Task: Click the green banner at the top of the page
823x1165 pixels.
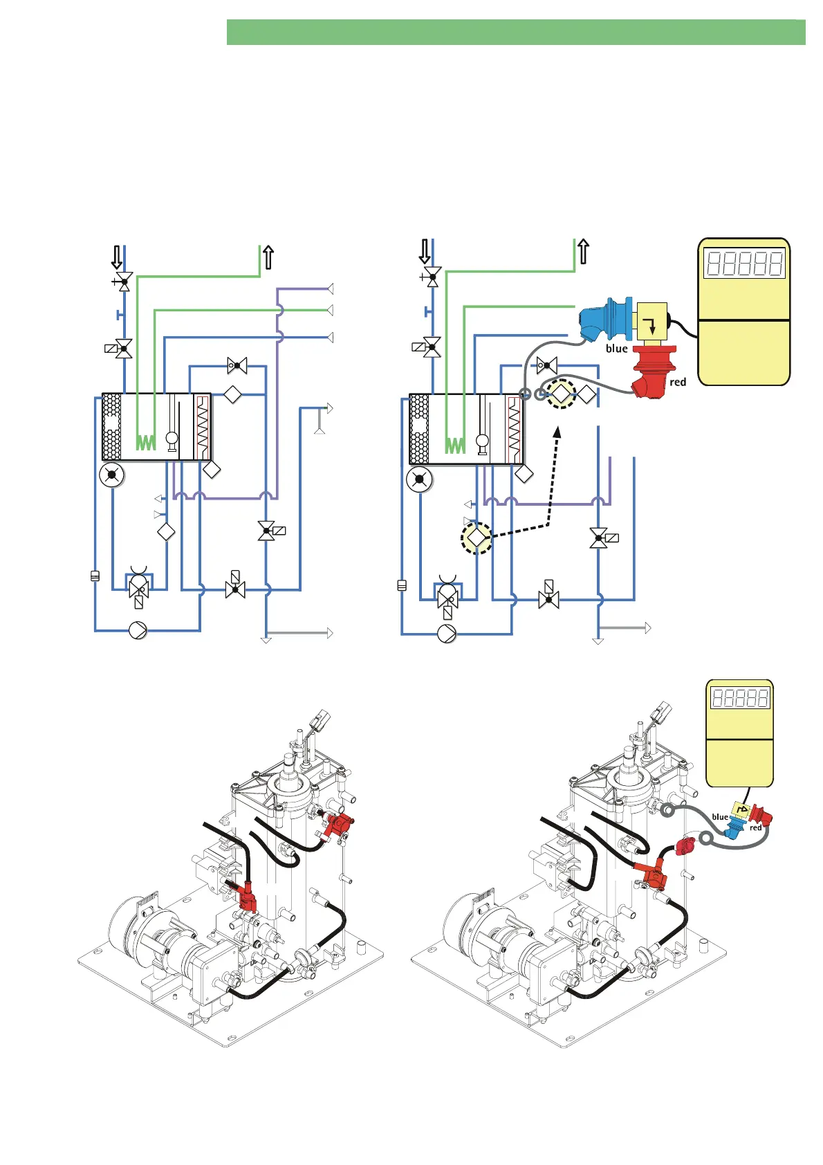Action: (x=515, y=33)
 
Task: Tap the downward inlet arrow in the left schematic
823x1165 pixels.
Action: (x=117, y=257)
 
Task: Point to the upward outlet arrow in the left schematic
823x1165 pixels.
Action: (x=268, y=257)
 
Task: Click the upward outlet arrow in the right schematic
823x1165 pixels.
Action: (x=583, y=252)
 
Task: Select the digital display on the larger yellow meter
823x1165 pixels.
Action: (x=743, y=264)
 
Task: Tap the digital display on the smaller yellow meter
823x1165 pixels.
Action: (x=739, y=698)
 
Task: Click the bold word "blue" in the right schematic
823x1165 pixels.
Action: (x=616, y=349)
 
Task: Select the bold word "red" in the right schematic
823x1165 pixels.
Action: (x=678, y=382)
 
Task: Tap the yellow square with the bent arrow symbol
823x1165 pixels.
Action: (x=651, y=321)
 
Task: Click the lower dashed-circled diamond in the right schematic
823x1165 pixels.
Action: (x=477, y=538)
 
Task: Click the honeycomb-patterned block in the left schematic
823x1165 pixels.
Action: (x=111, y=427)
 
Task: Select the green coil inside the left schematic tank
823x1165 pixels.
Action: (x=145, y=442)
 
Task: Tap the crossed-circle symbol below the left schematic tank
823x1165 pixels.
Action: (x=111, y=476)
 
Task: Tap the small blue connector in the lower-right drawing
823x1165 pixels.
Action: (x=732, y=828)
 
